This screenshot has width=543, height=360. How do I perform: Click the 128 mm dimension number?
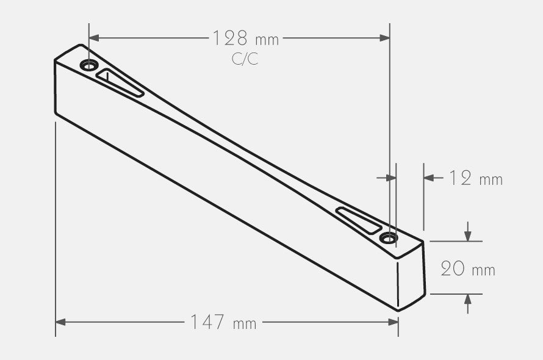230,38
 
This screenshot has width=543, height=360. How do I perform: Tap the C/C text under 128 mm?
245,59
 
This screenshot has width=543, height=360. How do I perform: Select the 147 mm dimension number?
207,322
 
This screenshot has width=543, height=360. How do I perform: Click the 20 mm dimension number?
453,268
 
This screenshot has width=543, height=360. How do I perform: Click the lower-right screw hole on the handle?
389,237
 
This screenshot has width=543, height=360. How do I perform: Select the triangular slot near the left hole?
119,84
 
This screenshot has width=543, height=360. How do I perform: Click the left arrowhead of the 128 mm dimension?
94,38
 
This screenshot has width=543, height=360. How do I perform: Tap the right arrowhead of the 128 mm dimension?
384,38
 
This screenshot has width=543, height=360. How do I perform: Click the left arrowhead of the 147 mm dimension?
60,322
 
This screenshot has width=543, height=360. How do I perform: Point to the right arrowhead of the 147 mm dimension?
393,322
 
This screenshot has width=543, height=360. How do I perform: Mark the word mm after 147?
245,323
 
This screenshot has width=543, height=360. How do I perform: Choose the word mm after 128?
267,40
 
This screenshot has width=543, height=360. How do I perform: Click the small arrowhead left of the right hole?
391,178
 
